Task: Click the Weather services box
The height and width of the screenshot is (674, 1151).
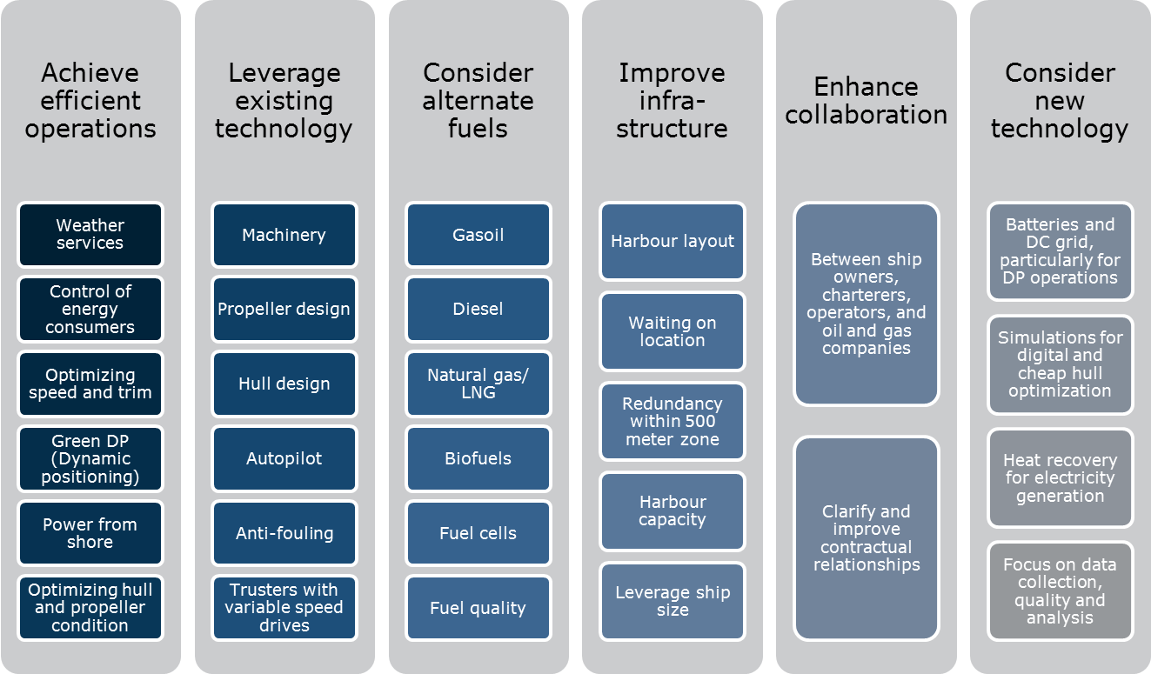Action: [x=90, y=235]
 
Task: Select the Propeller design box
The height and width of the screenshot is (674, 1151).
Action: [x=284, y=310]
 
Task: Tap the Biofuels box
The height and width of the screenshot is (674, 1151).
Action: [x=478, y=458]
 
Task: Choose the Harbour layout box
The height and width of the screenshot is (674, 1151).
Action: [x=673, y=242]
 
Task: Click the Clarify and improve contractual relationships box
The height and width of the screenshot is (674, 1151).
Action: [x=867, y=538]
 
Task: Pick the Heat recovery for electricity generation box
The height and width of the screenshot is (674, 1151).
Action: [x=1060, y=477]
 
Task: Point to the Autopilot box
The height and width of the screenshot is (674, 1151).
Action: [x=284, y=458]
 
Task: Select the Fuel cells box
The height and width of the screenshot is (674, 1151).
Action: [x=478, y=533]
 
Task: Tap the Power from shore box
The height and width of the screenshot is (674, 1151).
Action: [x=90, y=533]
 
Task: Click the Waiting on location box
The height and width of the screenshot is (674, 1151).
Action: [x=673, y=331]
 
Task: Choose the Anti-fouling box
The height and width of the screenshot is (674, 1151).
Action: [x=284, y=533]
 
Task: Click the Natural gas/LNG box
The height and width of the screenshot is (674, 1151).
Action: [x=478, y=384]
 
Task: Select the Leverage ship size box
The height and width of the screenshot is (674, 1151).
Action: [x=673, y=601]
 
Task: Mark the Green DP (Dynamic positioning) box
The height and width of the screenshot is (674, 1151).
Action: [x=90, y=458]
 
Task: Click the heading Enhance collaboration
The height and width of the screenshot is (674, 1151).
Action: [x=867, y=101]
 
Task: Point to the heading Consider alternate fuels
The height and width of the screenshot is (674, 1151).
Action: [x=478, y=101]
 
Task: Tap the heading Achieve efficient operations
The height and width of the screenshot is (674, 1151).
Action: [x=90, y=101]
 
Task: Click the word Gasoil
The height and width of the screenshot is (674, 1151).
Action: [x=478, y=235]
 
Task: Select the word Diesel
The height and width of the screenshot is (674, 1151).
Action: [x=478, y=309]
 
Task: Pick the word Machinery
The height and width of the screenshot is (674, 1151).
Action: [x=284, y=236]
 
